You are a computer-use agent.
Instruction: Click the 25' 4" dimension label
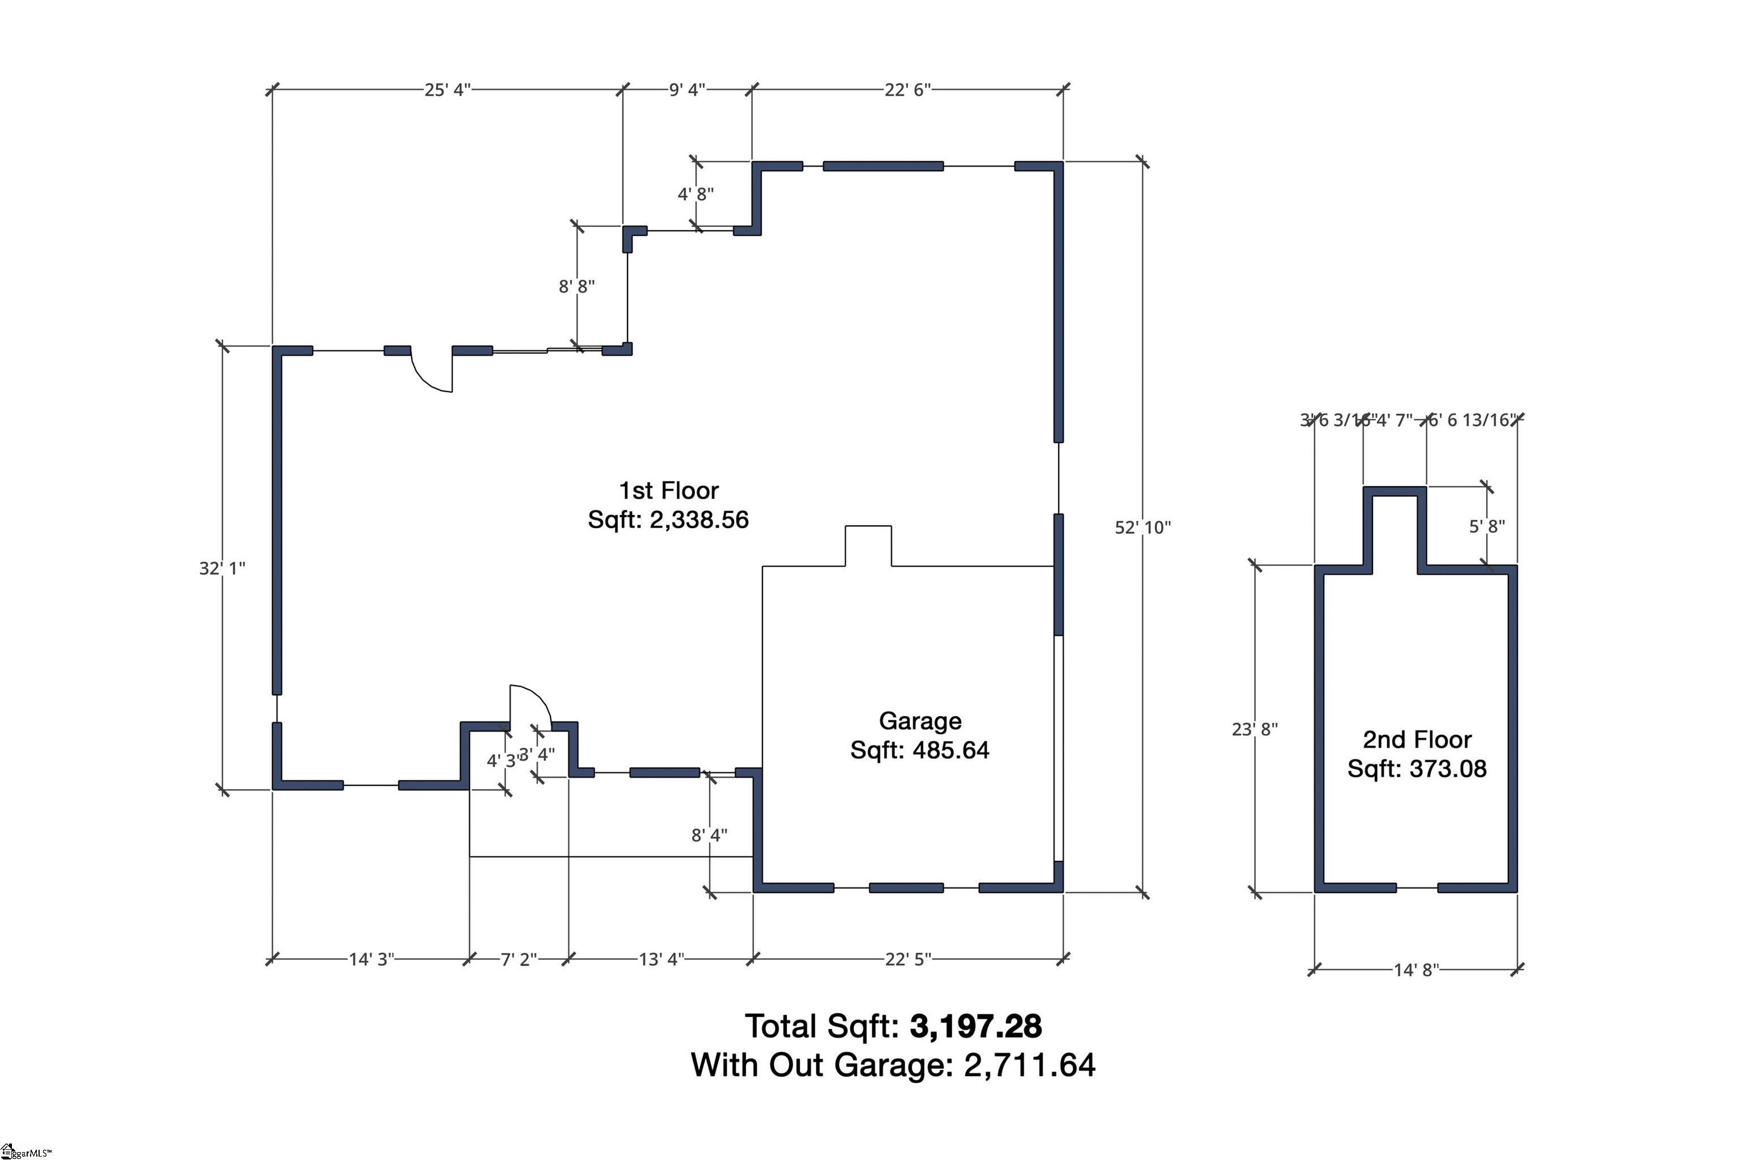coord(447,90)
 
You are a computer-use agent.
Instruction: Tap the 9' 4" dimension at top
coord(686,90)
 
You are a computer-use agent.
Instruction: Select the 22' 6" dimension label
coord(907,90)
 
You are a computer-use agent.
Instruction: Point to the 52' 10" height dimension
coord(1142,528)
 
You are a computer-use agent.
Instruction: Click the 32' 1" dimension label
coord(222,568)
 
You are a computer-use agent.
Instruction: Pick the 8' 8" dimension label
coord(576,286)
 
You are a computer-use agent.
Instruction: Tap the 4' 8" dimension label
coord(695,194)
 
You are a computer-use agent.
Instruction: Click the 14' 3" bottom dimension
coord(371,959)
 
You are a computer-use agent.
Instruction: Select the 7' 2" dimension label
coord(518,959)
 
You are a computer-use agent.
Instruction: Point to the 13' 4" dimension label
coord(661,959)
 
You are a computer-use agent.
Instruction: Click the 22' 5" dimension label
coord(907,959)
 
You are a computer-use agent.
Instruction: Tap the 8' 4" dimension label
coord(709,835)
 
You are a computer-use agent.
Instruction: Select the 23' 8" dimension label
coord(1254,729)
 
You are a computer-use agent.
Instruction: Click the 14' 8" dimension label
coord(1415,970)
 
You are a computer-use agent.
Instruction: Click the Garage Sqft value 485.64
coord(950,750)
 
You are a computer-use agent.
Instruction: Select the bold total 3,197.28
coord(975,1027)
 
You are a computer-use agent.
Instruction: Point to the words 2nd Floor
coord(1416,739)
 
